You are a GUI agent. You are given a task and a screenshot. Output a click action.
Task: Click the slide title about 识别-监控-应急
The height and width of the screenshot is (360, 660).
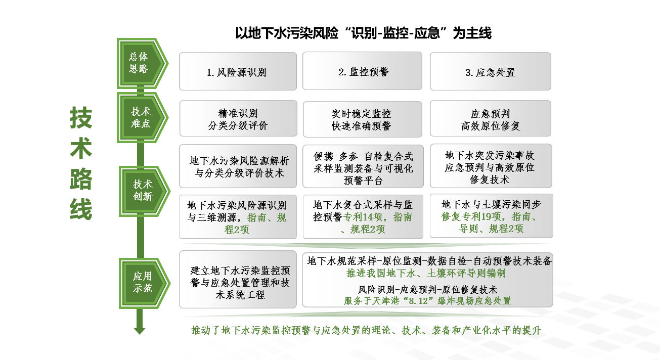click(363, 33)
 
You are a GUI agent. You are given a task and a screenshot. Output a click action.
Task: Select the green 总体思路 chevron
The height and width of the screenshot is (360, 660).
click(142, 63)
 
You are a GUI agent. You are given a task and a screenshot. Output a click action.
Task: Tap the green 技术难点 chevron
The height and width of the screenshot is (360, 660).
click(142, 117)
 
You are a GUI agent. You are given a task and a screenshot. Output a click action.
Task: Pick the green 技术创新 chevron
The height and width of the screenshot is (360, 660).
click(144, 191)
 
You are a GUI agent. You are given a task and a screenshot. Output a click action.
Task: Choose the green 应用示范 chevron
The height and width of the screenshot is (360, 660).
click(144, 283)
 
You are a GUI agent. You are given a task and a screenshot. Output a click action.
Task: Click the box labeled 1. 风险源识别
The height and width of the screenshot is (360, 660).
click(238, 71)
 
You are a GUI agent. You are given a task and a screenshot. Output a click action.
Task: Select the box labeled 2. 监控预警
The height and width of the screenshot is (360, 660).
click(362, 71)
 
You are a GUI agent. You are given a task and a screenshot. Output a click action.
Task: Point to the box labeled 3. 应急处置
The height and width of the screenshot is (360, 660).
click(490, 71)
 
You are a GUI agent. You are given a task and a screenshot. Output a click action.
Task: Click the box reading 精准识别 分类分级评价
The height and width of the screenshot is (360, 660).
click(238, 118)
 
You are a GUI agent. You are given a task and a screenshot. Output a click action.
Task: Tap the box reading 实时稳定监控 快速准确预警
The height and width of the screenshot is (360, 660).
click(363, 119)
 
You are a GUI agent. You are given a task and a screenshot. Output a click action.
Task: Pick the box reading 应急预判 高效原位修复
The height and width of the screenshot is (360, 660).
click(490, 118)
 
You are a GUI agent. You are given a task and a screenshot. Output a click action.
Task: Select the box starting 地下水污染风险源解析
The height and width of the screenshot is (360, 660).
click(238, 166)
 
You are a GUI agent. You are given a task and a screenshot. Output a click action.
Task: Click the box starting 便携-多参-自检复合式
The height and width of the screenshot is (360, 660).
click(363, 166)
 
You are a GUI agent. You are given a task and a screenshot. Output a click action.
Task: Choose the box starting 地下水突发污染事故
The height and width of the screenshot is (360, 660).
click(491, 166)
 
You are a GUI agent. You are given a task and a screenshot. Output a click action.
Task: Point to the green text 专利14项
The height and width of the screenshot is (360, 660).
click(363, 217)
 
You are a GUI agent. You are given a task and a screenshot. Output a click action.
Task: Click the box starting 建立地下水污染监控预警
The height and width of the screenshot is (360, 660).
click(238, 279)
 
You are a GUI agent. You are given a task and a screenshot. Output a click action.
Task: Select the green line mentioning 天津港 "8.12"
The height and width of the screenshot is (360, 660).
click(427, 301)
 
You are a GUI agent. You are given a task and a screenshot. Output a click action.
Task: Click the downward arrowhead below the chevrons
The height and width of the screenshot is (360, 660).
click(140, 331)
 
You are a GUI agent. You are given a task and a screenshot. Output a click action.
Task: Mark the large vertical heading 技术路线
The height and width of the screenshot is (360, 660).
click(81, 163)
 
